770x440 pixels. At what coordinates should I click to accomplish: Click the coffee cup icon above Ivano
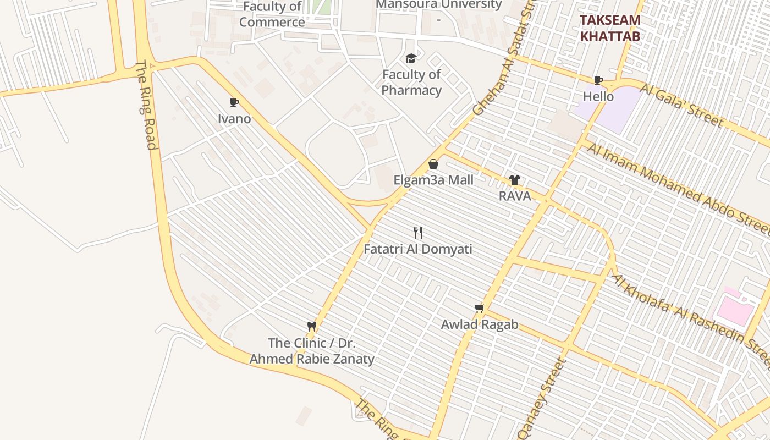234,103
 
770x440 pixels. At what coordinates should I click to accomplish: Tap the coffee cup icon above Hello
598,81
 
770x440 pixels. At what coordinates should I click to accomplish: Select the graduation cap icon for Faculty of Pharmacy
411,58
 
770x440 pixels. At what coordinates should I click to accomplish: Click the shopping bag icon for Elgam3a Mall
433,164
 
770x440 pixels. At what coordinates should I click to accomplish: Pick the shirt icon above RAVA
514,180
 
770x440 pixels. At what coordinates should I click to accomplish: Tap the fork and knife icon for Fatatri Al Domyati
418,233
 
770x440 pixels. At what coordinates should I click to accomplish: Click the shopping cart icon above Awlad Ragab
479,308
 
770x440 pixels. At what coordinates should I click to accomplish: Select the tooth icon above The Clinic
312,326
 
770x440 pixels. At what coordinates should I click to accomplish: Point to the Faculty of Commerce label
272,15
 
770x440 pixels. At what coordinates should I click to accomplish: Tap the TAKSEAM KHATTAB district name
610,28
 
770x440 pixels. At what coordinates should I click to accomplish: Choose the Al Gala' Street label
681,105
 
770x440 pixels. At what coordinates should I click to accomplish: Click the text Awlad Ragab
479,324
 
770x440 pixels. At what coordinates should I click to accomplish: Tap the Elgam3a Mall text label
433,180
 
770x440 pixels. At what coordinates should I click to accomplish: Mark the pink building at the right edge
735,310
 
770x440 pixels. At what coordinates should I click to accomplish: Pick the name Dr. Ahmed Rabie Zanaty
312,359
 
